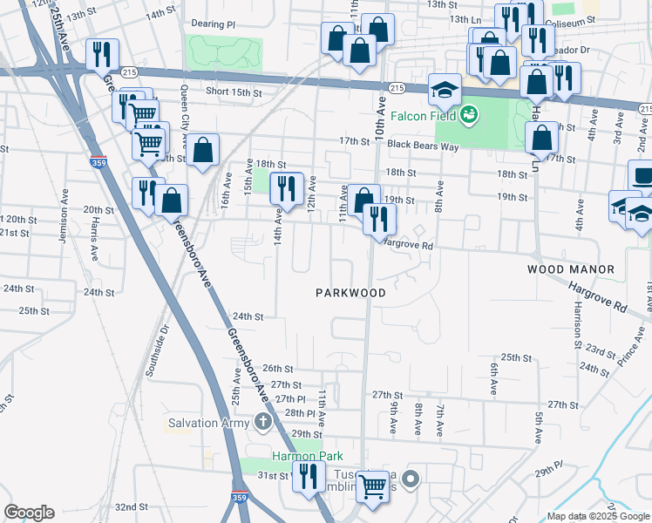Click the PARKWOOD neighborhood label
pos(350,294)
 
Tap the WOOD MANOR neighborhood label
pos(571,270)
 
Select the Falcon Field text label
pos(423,115)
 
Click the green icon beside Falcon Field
pos(468,114)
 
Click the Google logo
pos(29,513)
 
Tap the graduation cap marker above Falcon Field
pos(445,90)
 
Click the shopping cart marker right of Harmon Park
pos(373,486)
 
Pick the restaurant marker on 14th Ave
pos(286,188)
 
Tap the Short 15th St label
pos(234,92)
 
